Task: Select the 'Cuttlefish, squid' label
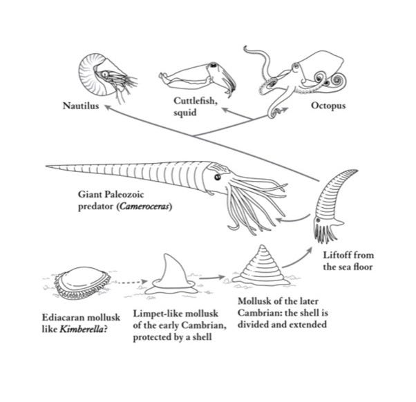(x=196, y=107)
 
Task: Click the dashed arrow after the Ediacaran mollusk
(x=132, y=282)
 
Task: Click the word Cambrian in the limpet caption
(x=201, y=327)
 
